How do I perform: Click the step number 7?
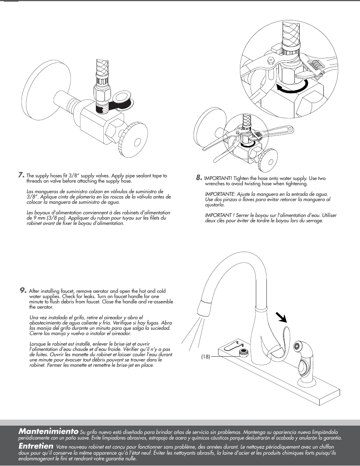pos(22,175)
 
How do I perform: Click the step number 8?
pos(199,178)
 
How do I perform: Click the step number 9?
pos(23,290)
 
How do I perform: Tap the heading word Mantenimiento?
pos(48,431)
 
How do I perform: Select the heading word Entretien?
pos(36,446)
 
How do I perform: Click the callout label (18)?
pos(205,357)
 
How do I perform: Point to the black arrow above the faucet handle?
pos(281,317)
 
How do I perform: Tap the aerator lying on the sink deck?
pos(243,352)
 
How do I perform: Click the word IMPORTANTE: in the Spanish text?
pos(220,194)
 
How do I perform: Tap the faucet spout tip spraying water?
pos(204,309)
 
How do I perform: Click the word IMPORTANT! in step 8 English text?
pos(218,178)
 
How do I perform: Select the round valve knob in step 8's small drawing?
pos(269,160)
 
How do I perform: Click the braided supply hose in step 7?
pos(102,70)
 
